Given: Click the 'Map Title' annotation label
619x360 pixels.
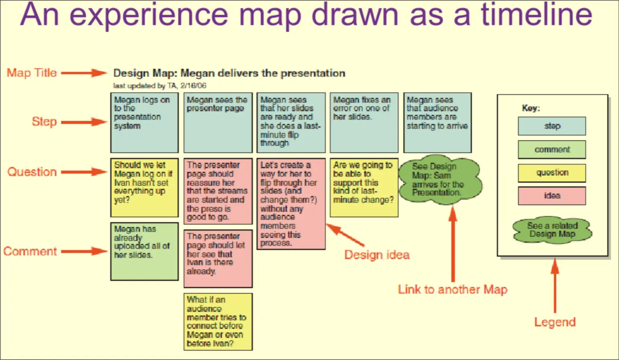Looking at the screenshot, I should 32,73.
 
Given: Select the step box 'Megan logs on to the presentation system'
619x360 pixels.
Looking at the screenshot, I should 144,122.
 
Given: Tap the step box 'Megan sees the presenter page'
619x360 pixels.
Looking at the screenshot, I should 218,122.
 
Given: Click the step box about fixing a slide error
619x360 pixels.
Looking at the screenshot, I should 364,122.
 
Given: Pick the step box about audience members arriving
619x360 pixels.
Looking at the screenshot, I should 437,122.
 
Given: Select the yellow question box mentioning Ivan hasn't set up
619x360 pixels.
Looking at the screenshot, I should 144,187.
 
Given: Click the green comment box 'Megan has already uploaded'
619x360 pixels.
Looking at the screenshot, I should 144,251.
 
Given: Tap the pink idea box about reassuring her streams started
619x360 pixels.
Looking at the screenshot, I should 218,191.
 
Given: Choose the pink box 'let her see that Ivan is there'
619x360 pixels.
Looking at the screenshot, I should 218,258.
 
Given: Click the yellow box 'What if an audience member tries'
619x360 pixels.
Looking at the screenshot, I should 218,322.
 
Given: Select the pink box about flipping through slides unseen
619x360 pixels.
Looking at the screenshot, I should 291,204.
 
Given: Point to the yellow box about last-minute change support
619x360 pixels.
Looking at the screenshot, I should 364,187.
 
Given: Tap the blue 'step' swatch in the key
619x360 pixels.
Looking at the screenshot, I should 551,126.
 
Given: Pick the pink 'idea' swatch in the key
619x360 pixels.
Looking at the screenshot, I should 551,196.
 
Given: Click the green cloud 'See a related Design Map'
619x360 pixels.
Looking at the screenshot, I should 552,230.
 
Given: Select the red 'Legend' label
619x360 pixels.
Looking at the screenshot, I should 555,322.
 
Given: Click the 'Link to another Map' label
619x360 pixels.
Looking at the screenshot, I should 452,290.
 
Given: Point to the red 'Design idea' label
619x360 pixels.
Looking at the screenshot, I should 377,255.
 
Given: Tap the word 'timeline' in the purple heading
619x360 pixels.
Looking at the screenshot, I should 536,15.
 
